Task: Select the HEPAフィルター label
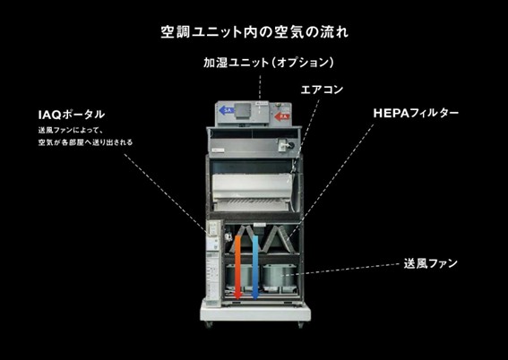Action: pos(416,115)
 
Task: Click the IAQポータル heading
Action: pos(71,115)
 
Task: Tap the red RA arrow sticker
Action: pos(282,116)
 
